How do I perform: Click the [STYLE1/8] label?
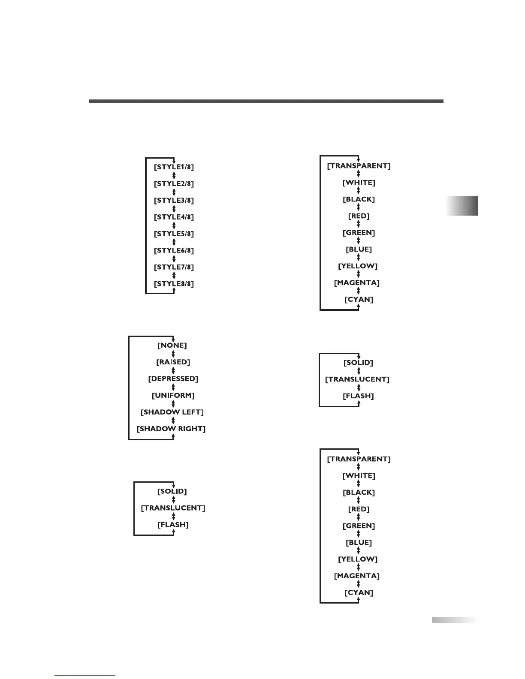click(174, 167)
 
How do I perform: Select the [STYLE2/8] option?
click(174, 183)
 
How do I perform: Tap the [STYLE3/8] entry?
click(174, 200)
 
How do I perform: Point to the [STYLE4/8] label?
click(174, 217)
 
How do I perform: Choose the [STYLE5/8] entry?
click(174, 234)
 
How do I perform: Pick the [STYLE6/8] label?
click(174, 250)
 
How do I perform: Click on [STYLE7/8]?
click(174, 267)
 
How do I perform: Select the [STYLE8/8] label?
click(174, 284)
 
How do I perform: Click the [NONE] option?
click(172, 345)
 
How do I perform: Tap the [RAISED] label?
click(173, 362)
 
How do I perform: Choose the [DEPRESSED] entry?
click(173, 379)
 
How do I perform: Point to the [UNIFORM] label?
click(173, 395)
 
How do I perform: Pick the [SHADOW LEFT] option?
click(172, 412)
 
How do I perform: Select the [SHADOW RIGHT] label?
click(171, 429)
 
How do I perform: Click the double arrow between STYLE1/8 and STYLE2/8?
click(174, 175)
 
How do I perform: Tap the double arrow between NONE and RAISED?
click(173, 354)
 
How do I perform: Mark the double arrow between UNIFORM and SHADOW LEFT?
click(173, 404)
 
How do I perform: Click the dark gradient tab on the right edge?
click(462, 206)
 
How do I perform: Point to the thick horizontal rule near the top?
click(266, 101)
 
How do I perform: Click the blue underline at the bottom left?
click(85, 676)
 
